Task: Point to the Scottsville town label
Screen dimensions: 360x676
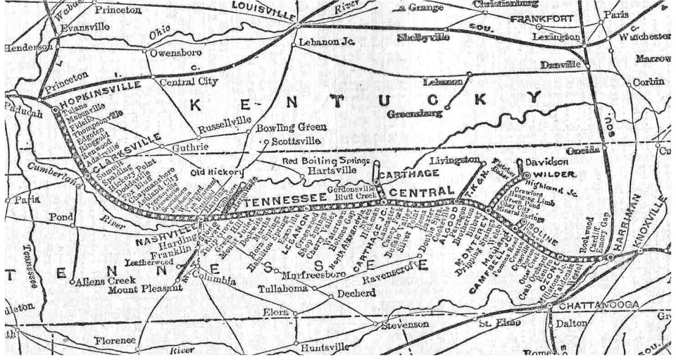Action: coord(296,141)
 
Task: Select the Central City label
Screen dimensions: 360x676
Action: coord(189,82)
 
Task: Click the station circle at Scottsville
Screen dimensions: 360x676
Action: coord(266,141)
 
